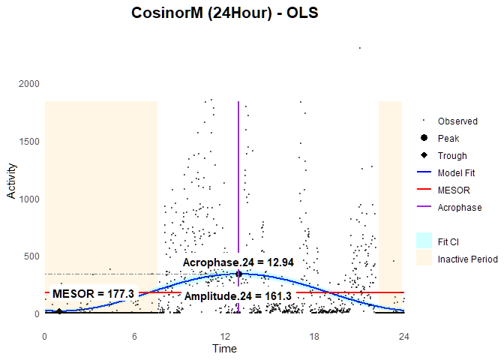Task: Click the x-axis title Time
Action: pos(224,348)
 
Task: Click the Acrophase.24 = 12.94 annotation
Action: pos(238,262)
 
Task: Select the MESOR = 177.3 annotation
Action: pos(93,292)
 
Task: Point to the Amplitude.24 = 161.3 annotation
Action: pos(238,296)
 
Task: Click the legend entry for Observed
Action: pos(457,121)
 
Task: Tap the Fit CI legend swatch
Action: pos(424,240)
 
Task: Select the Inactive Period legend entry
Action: pos(467,259)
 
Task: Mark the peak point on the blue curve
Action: pos(238,274)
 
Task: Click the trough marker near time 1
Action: pos(59,310)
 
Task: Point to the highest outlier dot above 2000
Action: pos(359,48)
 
